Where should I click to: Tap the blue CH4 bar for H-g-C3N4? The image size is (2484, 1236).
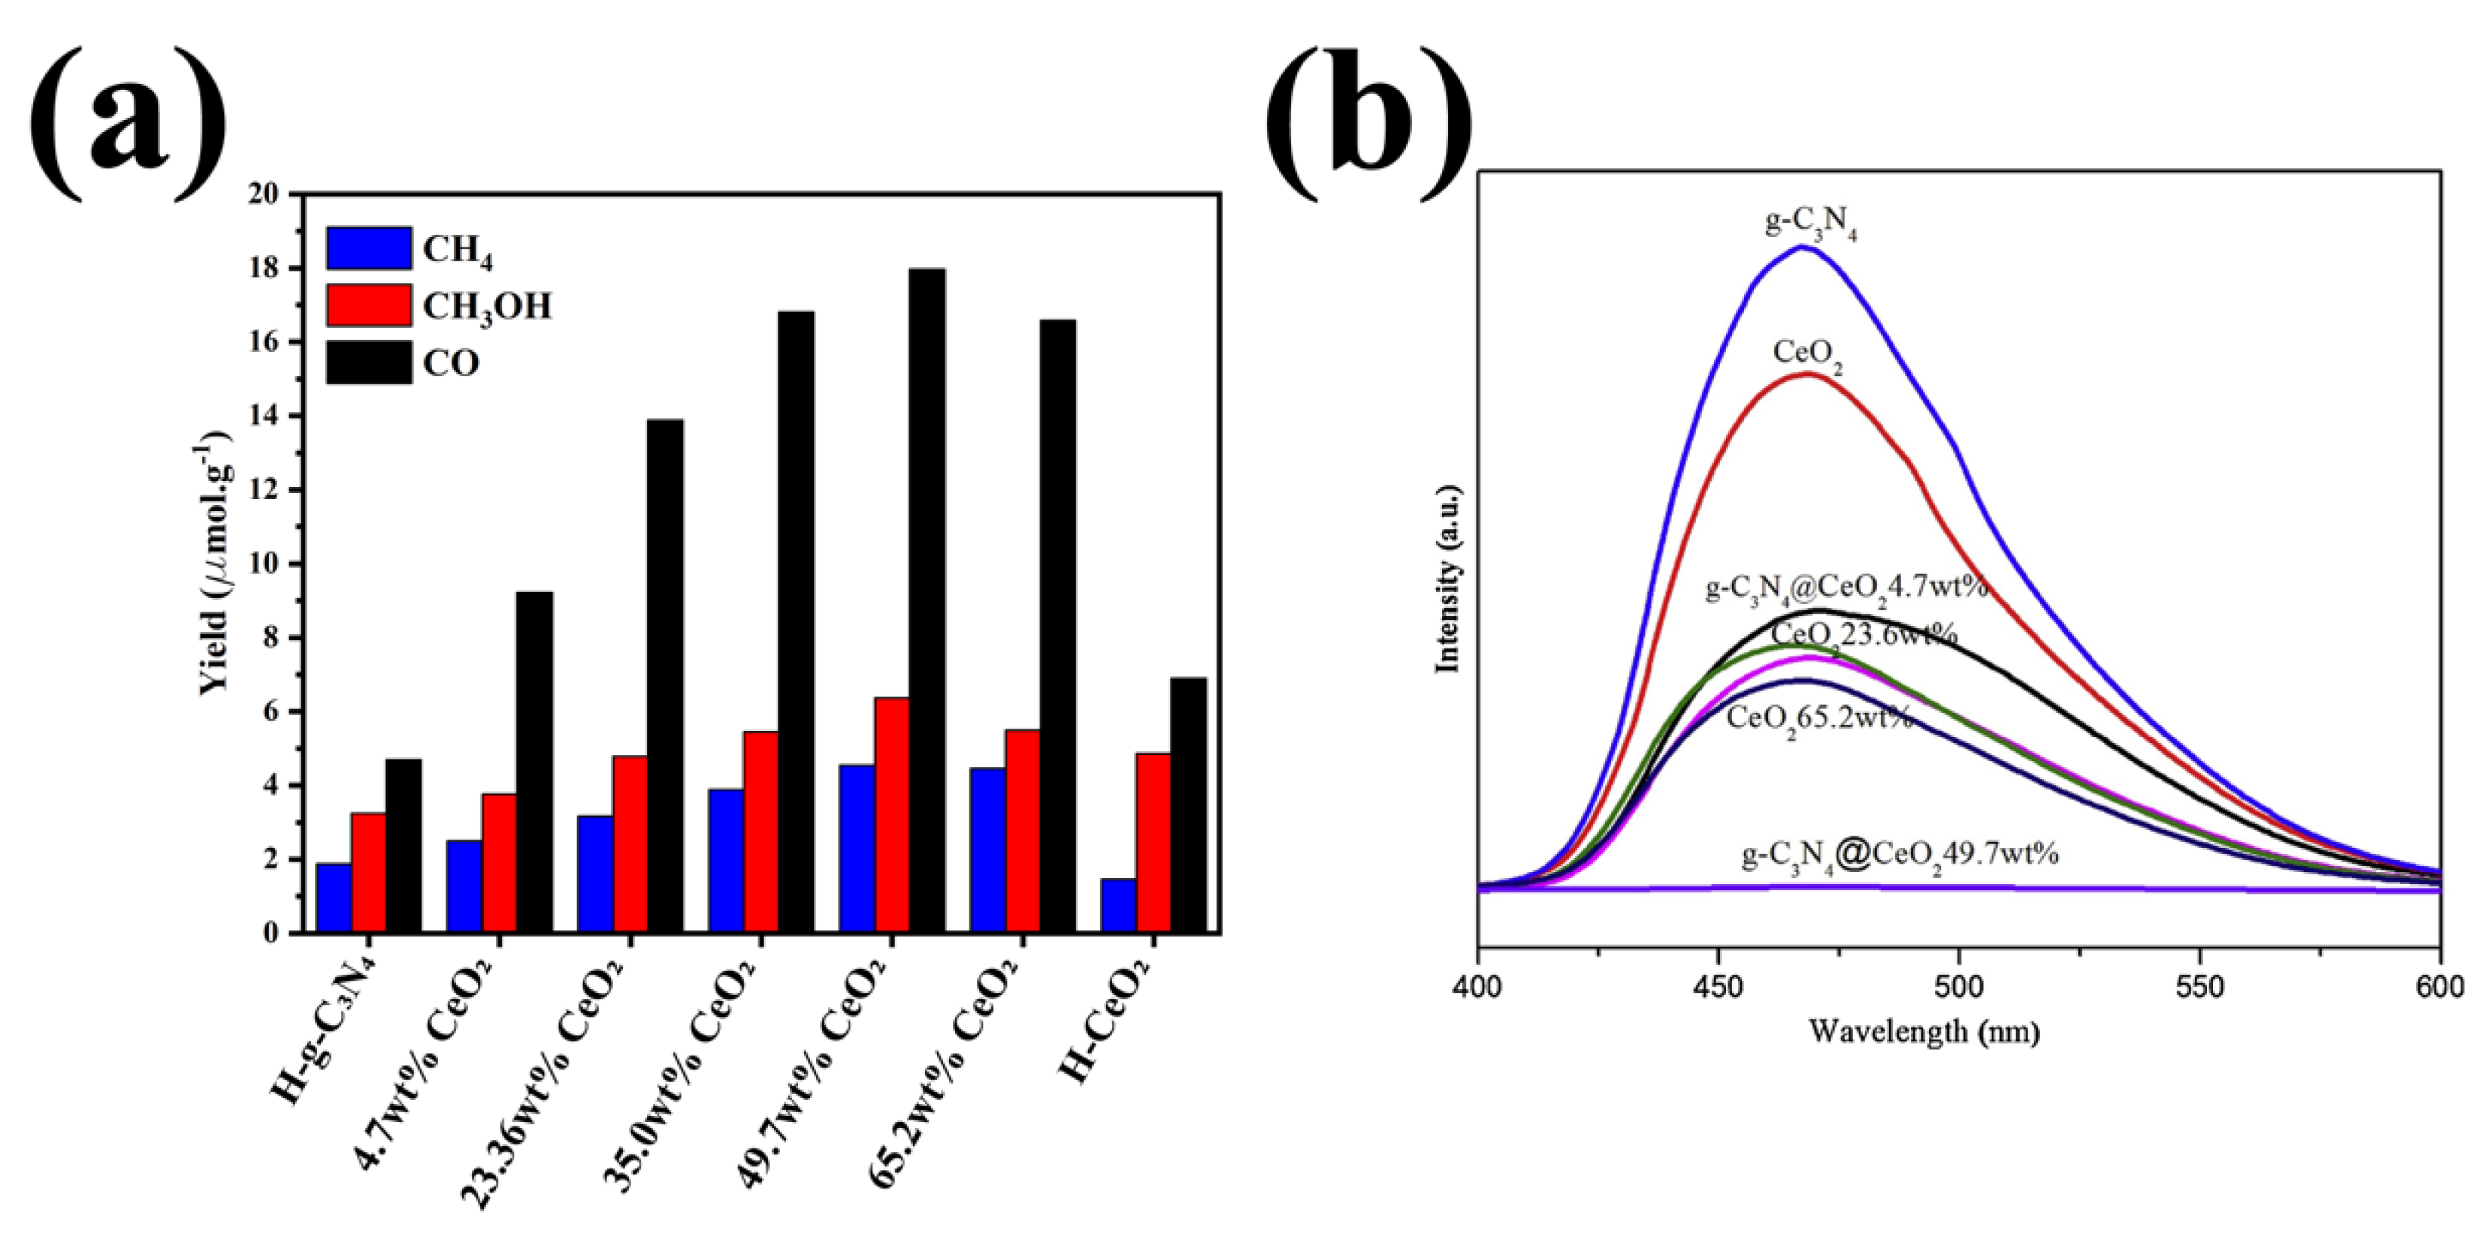pyautogui.click(x=334, y=898)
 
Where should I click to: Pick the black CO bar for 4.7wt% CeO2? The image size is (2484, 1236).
pyautogui.click(x=535, y=762)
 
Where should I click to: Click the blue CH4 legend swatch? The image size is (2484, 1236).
pyautogui.click(x=368, y=248)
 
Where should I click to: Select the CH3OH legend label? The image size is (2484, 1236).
pyautogui.click(x=487, y=307)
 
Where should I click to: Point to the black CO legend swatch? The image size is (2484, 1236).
pyautogui.click(x=368, y=362)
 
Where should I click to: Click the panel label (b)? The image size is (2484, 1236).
pyautogui.click(x=1370, y=106)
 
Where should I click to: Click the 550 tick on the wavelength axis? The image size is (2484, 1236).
pyautogui.click(x=2201, y=986)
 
